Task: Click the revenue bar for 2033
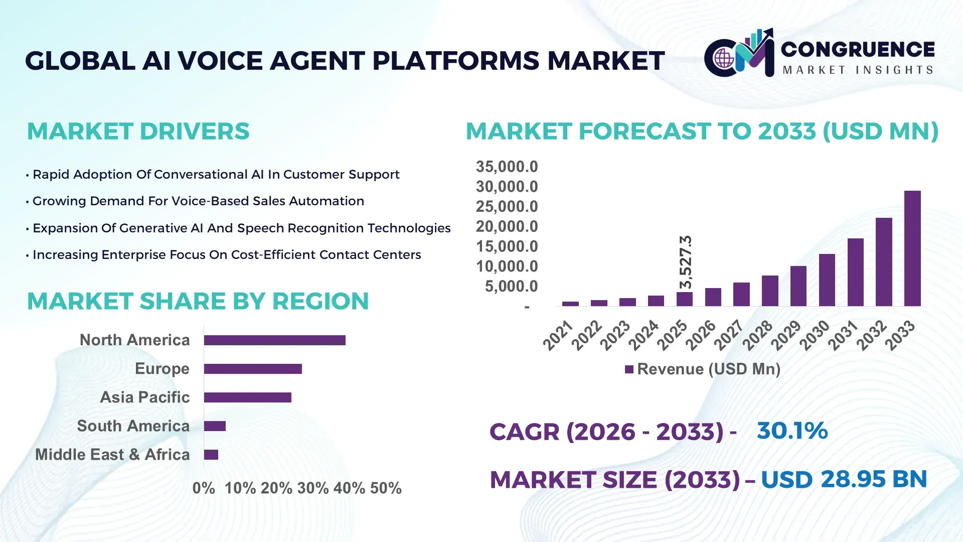tap(912, 248)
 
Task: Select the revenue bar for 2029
tap(798, 286)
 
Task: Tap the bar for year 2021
tap(570, 304)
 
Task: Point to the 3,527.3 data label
tap(686, 262)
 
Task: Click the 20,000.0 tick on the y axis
tap(507, 226)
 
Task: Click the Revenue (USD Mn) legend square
tap(629, 370)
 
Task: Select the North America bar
tap(274, 340)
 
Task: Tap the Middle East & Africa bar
tap(211, 455)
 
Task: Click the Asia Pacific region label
tap(144, 397)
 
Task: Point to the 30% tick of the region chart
tap(312, 488)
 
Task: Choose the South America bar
tap(215, 426)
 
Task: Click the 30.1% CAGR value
tap(792, 431)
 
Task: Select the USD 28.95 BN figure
tap(844, 479)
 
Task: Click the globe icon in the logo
tap(724, 59)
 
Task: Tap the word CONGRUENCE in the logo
tap(858, 49)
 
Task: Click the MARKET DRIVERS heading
tap(138, 131)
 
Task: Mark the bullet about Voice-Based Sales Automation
tap(198, 201)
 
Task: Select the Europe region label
tap(162, 368)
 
